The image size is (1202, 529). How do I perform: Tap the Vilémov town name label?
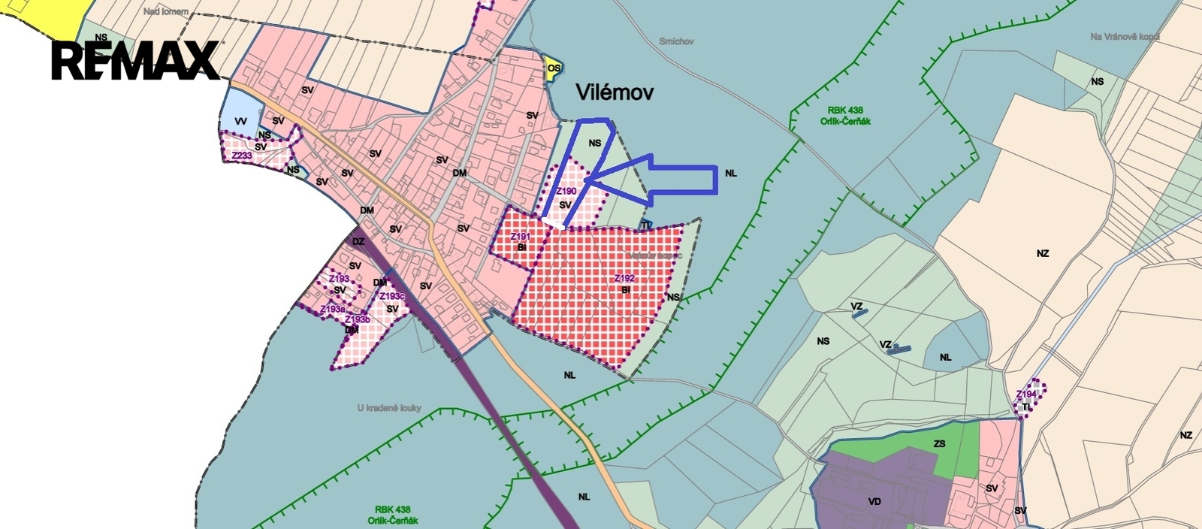614,92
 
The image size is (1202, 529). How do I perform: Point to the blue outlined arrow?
661,179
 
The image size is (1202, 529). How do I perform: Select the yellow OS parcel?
554,68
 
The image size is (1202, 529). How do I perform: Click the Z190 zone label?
566,192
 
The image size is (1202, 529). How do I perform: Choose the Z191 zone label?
520,237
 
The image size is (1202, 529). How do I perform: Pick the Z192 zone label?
624,279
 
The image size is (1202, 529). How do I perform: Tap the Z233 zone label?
242,156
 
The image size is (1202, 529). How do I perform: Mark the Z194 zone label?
1026,394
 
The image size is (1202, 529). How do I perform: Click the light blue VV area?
240,120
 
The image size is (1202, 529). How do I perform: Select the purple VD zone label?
874,501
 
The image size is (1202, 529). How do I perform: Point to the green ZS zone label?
939,444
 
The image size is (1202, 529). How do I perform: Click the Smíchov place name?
676,42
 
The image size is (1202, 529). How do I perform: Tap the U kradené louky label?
389,408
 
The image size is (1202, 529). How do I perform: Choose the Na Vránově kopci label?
1125,36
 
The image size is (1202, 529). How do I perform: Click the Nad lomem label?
166,12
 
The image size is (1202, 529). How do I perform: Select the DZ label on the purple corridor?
358,241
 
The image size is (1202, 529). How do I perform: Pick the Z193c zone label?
392,296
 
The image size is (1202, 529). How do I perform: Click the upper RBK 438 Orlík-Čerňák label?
845,116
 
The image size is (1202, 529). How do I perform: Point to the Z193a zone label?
332,309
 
